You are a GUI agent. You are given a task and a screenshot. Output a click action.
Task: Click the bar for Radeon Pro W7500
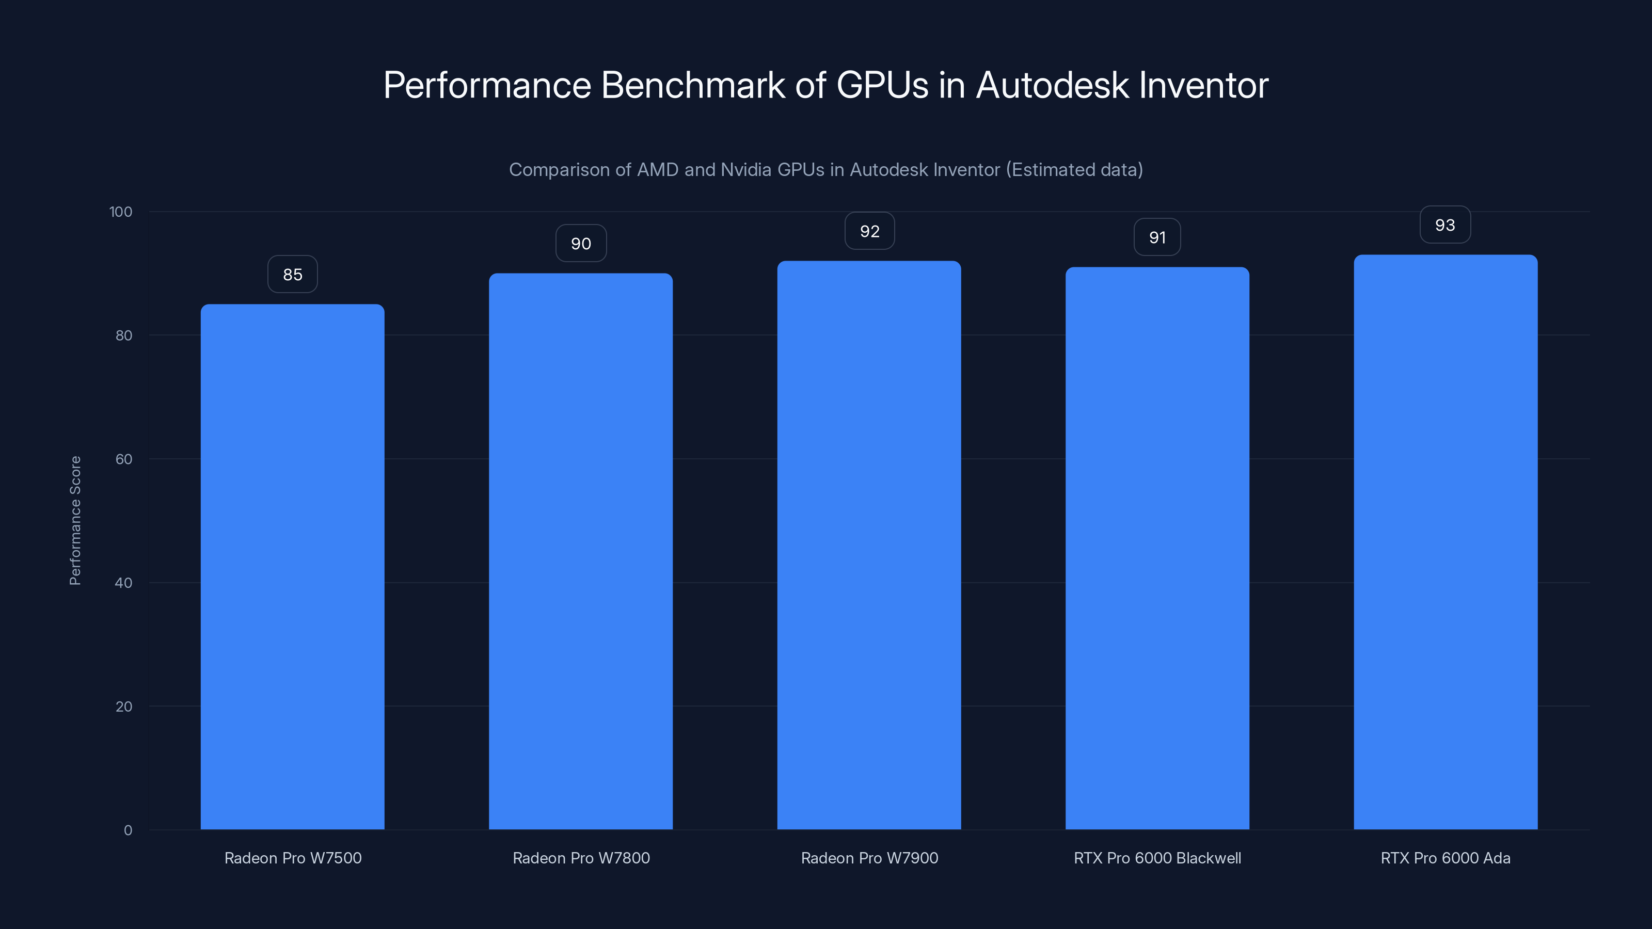tap(292, 567)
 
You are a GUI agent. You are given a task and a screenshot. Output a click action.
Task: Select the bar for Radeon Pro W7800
tap(580, 551)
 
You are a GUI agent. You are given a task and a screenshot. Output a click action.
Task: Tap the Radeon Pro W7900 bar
tap(869, 545)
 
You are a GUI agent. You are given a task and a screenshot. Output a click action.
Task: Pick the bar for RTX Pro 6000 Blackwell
tap(1157, 548)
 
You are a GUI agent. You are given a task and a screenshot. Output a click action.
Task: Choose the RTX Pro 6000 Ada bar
tap(1445, 542)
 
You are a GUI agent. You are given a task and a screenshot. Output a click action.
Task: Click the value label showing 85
tap(292, 275)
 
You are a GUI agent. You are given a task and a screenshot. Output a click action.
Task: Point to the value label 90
tap(580, 244)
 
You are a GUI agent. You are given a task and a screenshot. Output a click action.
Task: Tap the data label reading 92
tap(869, 231)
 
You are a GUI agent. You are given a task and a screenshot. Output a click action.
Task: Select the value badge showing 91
tap(1157, 237)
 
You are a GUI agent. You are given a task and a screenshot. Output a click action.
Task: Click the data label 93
tap(1445, 225)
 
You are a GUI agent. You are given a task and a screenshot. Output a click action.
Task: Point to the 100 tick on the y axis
tap(121, 212)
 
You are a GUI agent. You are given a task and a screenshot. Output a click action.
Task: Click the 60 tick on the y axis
tap(124, 459)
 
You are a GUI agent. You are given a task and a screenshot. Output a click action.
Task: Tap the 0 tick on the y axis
tap(128, 830)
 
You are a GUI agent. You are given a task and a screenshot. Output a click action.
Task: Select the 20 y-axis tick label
tap(124, 707)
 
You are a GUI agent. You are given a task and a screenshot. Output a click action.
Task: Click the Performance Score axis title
tap(75, 521)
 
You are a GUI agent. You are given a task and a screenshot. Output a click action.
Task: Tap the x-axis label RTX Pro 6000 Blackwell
tap(1157, 858)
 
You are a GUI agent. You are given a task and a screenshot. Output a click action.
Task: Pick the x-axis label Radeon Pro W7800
tap(581, 858)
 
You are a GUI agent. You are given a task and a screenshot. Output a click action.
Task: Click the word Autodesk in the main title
tap(1052, 85)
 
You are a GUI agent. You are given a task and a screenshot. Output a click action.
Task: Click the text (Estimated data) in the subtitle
tap(1074, 170)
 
